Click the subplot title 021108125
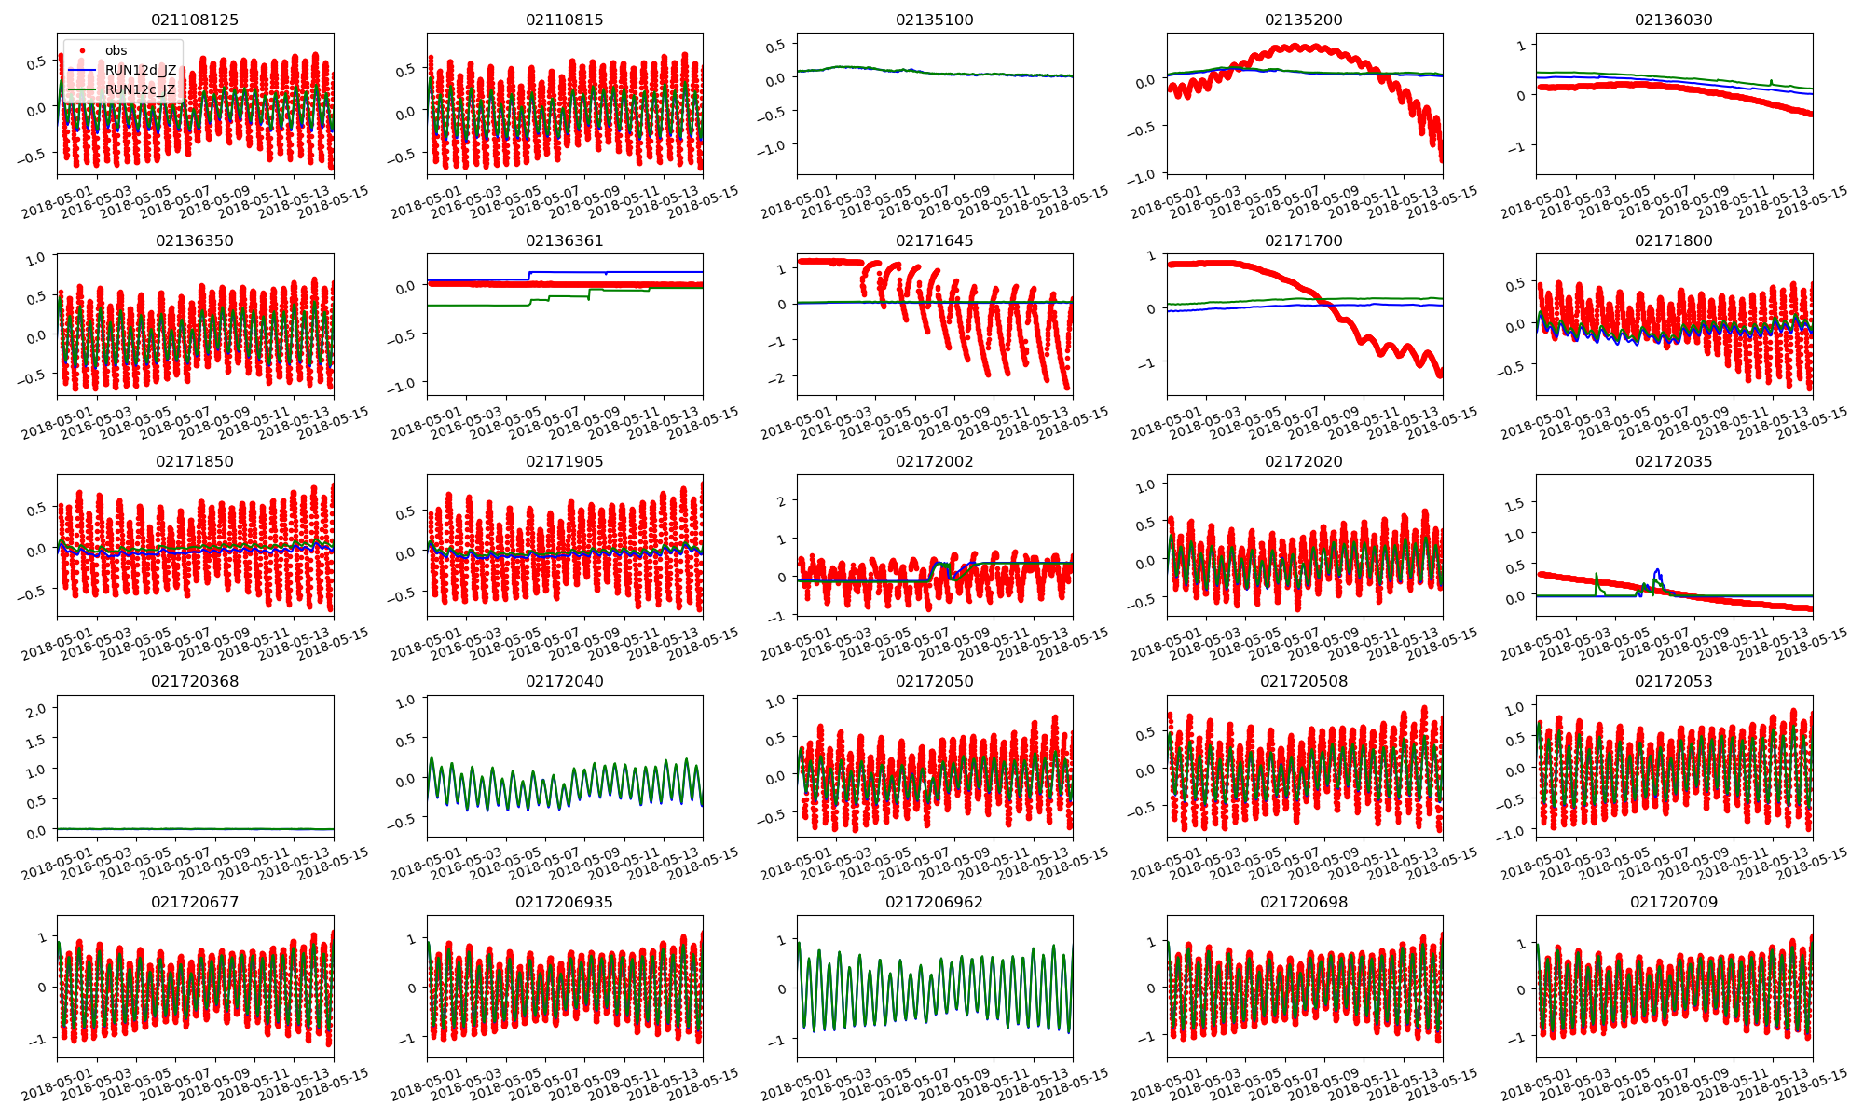click(196, 20)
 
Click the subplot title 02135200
click(1304, 20)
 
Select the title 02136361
click(565, 240)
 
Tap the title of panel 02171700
click(1304, 240)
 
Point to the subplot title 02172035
click(1674, 461)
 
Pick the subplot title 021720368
click(196, 681)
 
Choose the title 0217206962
click(934, 902)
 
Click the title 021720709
click(1674, 902)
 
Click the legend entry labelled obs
click(116, 50)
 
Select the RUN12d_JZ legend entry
click(141, 70)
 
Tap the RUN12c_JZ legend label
click(141, 89)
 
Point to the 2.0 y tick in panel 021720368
click(35, 711)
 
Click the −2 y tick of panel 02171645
click(780, 378)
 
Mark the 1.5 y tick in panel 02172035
click(1515, 504)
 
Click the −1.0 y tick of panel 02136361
click(404, 385)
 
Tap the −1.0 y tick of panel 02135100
click(774, 146)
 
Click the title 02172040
click(565, 681)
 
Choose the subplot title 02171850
click(196, 461)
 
